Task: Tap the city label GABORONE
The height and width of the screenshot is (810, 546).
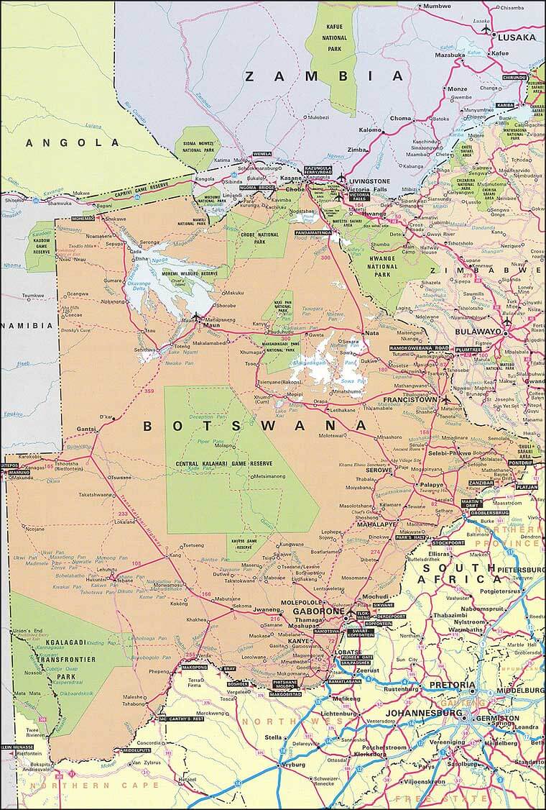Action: pos(317,612)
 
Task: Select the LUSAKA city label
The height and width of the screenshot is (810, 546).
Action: pos(517,37)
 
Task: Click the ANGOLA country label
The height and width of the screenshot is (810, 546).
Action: pos(73,143)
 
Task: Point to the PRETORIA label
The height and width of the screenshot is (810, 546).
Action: pos(453,685)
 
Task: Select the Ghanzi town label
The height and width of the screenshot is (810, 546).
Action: pos(86,429)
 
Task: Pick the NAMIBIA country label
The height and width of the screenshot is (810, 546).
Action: pos(27,326)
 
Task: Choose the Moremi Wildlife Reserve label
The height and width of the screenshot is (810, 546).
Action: pos(189,274)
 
